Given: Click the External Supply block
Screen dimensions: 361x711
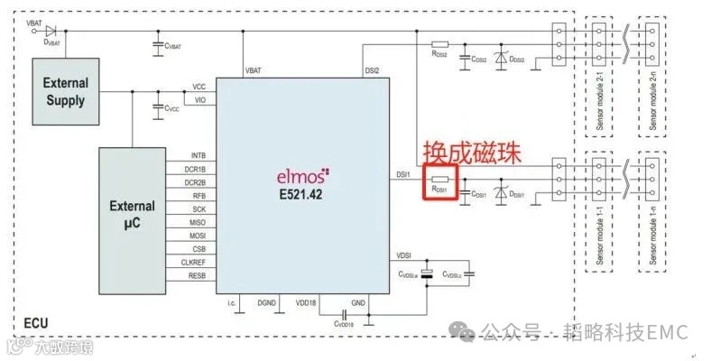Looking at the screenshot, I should [x=67, y=92].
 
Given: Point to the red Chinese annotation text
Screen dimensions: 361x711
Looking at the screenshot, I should [x=471, y=151].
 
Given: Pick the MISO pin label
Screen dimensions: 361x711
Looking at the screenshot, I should [x=197, y=221].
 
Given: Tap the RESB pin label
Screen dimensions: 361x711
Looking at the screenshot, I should [x=197, y=274].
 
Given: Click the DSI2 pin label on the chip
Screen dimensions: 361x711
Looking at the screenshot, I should [x=371, y=69].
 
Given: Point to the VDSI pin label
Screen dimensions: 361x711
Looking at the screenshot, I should [x=403, y=255].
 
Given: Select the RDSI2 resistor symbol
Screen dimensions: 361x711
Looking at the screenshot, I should [x=440, y=44].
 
